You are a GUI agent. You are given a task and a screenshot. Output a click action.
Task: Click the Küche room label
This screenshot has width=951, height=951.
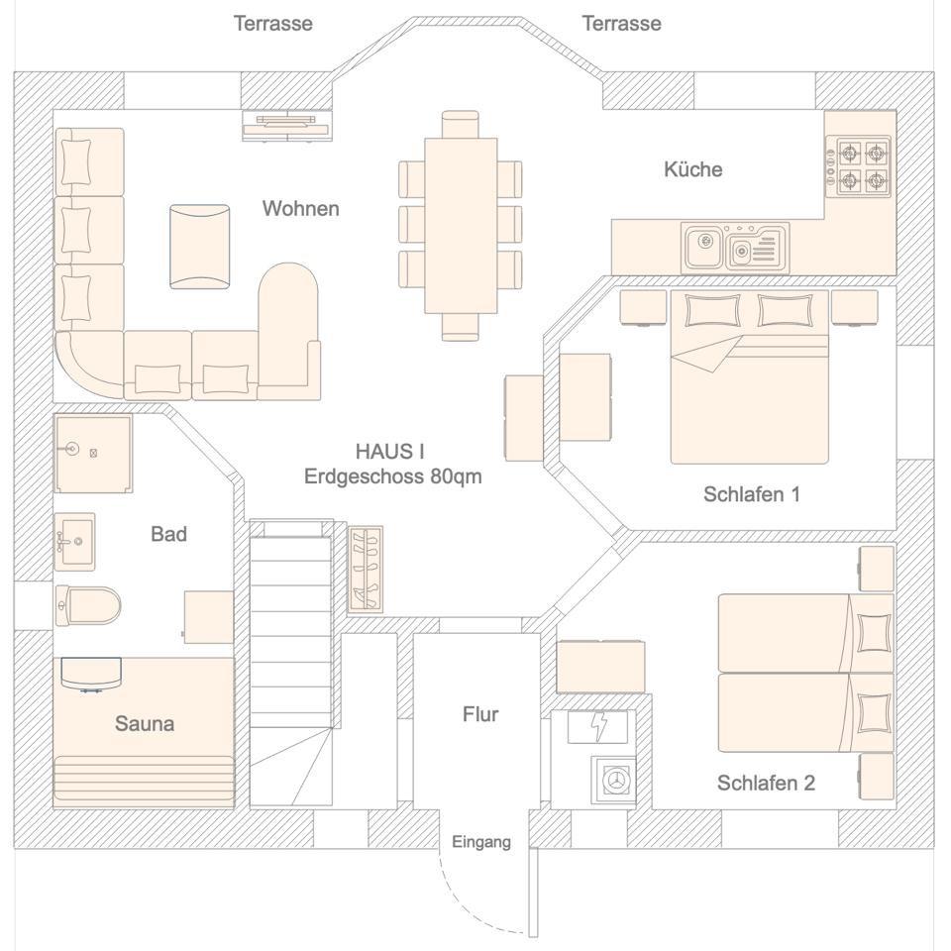pos(692,169)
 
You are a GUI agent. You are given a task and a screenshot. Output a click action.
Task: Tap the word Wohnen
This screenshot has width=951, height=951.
pos(300,209)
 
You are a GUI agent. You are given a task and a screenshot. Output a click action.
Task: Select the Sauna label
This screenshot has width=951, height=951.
pos(145,724)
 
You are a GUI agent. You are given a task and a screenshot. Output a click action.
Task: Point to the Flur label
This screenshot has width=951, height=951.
pos(480,714)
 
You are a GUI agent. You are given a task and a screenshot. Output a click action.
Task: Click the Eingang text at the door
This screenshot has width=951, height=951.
pos(481,842)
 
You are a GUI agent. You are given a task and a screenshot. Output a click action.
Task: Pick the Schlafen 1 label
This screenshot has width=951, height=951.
pos(751,494)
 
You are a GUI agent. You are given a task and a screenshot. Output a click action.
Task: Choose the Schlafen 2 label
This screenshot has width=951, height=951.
pos(766,784)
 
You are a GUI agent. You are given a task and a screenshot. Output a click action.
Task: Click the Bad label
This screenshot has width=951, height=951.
pos(168,535)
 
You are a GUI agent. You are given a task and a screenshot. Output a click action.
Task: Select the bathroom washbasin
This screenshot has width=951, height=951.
pos(74,541)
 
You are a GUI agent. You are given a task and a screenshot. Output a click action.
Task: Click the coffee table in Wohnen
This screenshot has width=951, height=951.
pos(199,247)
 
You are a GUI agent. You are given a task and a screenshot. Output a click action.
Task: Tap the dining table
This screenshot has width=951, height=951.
pos(461,225)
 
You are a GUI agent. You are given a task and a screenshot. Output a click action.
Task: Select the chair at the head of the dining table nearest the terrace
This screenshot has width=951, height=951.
pos(460,124)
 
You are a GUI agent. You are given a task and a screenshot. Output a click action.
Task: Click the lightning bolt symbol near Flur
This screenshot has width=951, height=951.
pos(598,726)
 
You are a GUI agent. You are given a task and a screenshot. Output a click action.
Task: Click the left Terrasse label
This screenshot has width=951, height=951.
pos(272,23)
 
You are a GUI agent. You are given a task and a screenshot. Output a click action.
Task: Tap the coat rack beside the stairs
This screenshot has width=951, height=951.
pos(366,569)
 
